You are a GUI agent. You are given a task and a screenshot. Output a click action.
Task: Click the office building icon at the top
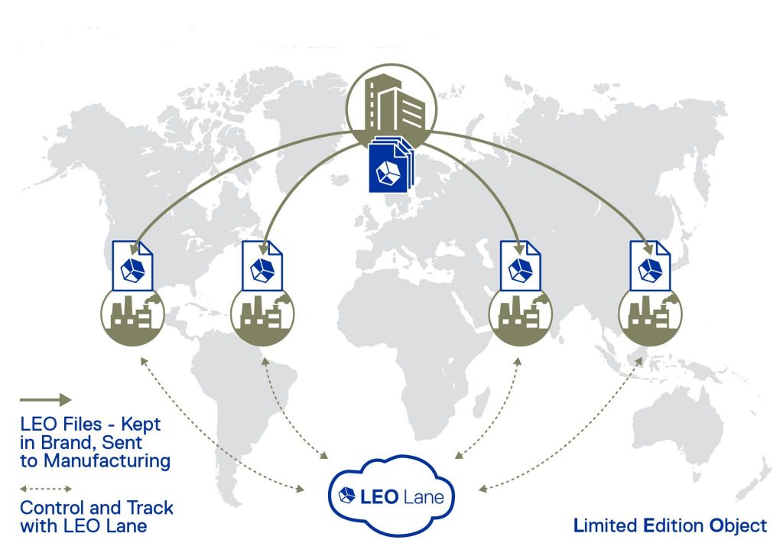click(x=392, y=104)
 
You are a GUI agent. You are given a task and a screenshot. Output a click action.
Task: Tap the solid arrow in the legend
click(x=45, y=399)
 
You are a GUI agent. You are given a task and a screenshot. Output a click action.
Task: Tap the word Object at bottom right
click(x=738, y=525)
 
